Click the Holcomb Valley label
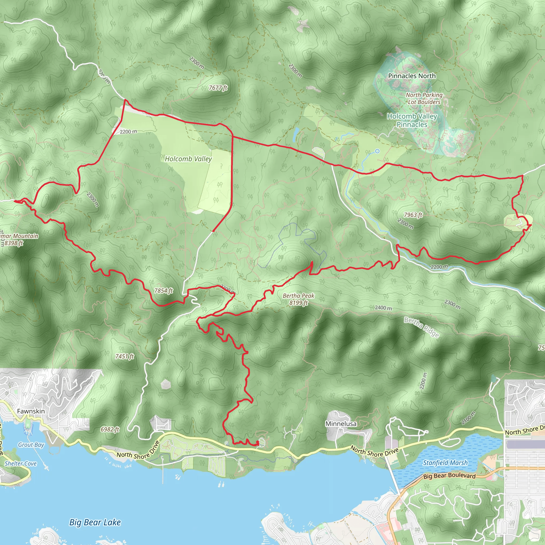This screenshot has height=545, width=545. (188, 159)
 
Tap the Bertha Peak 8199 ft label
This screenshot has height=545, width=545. (299, 299)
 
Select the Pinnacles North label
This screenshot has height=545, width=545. (412, 76)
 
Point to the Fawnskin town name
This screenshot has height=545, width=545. (31, 411)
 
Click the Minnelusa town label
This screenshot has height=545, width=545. (341, 424)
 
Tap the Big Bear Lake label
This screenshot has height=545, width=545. (95, 522)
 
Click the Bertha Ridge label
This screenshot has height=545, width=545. (422, 327)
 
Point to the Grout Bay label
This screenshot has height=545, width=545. (31, 445)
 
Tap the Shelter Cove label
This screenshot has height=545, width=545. (20, 464)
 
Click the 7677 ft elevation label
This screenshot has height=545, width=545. (218, 88)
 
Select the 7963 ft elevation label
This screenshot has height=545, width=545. (413, 215)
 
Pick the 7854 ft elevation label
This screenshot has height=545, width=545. (164, 291)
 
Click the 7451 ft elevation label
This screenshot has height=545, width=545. (124, 356)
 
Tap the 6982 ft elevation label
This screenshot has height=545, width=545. (110, 429)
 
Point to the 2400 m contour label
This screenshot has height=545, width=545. (383, 308)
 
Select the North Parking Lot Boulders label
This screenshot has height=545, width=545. (424, 98)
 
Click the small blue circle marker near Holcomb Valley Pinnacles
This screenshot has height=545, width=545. (377, 151)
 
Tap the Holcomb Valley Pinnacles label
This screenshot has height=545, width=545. (412, 120)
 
